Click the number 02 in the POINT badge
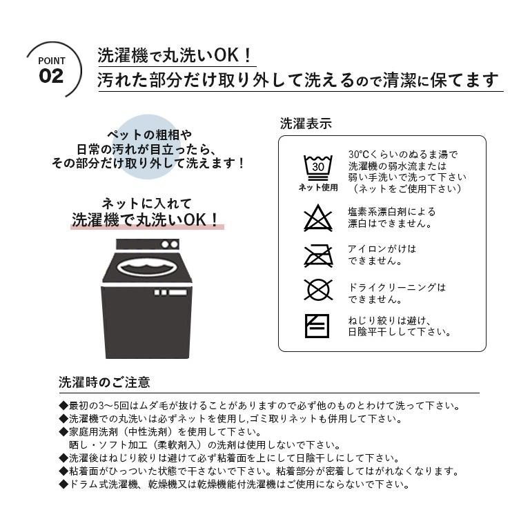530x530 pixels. pyautogui.click(x=51, y=76)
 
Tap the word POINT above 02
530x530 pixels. pyautogui.click(x=51, y=61)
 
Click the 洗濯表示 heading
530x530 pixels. pyautogui.click(x=306, y=124)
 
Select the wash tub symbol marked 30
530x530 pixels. pyautogui.click(x=317, y=168)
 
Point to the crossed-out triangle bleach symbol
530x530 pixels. pyautogui.click(x=317, y=218)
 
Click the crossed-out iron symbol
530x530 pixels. pyautogui.click(x=318, y=255)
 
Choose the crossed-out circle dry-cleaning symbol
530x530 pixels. pyautogui.click(x=318, y=290)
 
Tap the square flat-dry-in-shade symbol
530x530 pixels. pyautogui.click(x=317, y=326)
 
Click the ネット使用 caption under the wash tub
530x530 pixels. pyautogui.click(x=318, y=187)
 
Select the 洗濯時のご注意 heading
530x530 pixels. pyautogui.click(x=104, y=382)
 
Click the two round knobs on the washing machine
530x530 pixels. pyautogui.click(x=170, y=244)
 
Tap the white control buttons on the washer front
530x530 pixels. pyautogui.click(x=170, y=292)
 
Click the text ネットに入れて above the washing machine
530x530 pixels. pyautogui.click(x=147, y=204)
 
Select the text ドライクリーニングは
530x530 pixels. pyautogui.click(x=397, y=287)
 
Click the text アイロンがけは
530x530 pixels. pyautogui.click(x=382, y=248)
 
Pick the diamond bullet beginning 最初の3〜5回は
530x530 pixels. pyautogui.click(x=63, y=405)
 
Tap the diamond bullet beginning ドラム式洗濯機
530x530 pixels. pyautogui.click(x=63, y=484)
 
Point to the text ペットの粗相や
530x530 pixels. pyautogui.click(x=149, y=135)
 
